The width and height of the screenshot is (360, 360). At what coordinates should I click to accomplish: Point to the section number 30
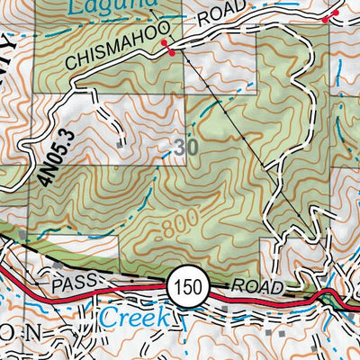pyautogui.click(x=185, y=148)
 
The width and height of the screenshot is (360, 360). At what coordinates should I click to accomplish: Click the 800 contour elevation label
pyautogui.click(x=178, y=226)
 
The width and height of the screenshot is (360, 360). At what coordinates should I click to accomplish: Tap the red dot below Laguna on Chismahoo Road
pyautogui.click(x=170, y=54)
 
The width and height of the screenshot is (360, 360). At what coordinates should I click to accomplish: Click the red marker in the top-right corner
pyautogui.click(x=327, y=17)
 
